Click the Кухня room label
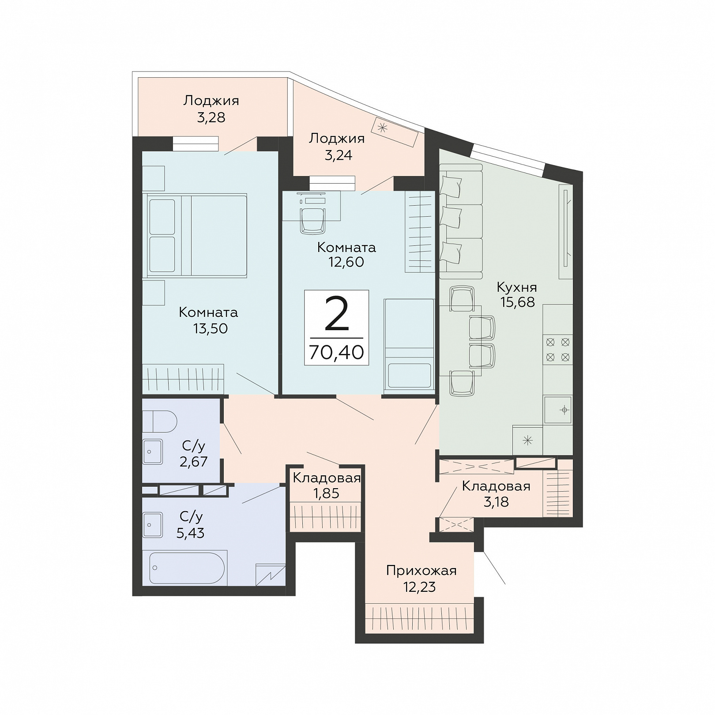click(x=517, y=288)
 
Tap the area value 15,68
click(x=517, y=302)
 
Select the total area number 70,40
click(x=336, y=352)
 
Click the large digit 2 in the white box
click(x=337, y=314)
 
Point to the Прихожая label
click(x=421, y=571)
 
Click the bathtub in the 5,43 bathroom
click(x=187, y=568)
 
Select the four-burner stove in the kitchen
click(x=557, y=349)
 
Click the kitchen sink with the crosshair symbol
click(x=558, y=410)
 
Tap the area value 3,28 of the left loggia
click(x=211, y=117)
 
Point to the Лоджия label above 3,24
click(x=337, y=139)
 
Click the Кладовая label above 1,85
click(x=327, y=478)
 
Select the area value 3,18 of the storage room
click(x=496, y=502)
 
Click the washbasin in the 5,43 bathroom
click(x=152, y=525)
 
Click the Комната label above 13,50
click(x=208, y=312)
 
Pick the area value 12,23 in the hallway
click(x=419, y=587)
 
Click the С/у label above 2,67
click(x=193, y=446)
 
